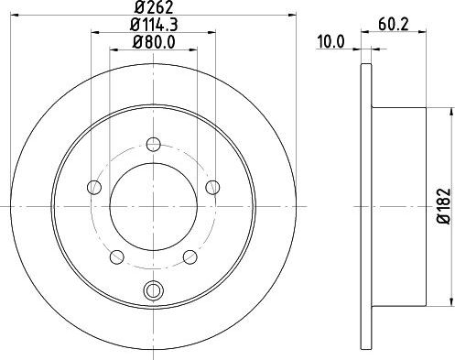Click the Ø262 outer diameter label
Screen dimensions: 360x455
pyautogui.click(x=153, y=8)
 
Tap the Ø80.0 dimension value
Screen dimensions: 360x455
pyautogui.click(x=152, y=41)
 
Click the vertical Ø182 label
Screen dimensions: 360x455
pyautogui.click(x=441, y=207)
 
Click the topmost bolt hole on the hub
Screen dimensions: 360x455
pyautogui.click(x=153, y=143)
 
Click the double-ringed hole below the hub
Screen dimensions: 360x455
pyautogui.click(x=153, y=291)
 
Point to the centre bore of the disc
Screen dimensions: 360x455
pyautogui.click(x=153, y=206)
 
